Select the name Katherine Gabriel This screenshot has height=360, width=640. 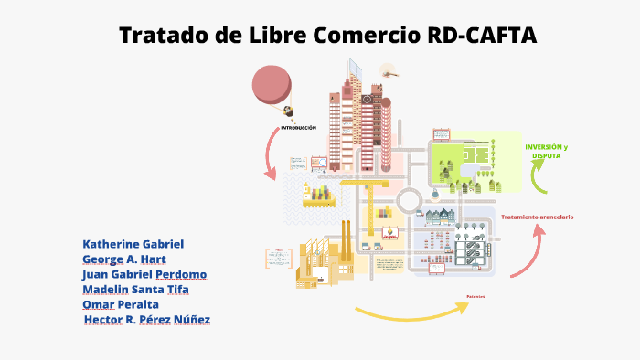pyautogui.click(x=133, y=244)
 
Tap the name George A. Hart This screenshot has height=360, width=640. pyautogui.click(x=124, y=259)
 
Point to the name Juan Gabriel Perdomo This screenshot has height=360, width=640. pyautogui.click(x=144, y=274)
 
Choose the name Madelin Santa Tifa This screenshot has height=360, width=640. pyautogui.click(x=137, y=289)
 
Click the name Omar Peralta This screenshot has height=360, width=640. pyautogui.click(x=121, y=303)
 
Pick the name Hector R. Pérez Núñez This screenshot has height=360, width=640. pyautogui.click(x=147, y=319)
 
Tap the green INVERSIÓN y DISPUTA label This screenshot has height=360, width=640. pyautogui.click(x=547, y=152)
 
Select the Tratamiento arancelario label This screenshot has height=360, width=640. pyautogui.click(x=537, y=217)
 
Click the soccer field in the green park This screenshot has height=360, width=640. pyautogui.click(x=475, y=154)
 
